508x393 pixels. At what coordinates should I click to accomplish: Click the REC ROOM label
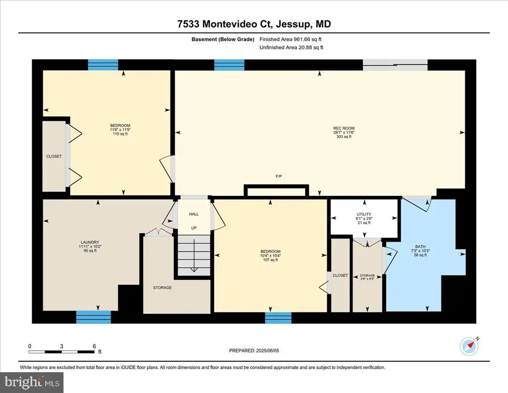click(344, 128)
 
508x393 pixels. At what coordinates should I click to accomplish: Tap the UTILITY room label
click(364, 215)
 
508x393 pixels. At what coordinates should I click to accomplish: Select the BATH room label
click(420, 246)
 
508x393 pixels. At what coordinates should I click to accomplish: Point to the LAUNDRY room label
click(90, 242)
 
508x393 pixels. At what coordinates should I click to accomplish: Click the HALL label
click(194, 214)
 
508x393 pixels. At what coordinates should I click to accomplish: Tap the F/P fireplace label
click(279, 176)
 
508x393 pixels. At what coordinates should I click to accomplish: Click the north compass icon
click(469, 346)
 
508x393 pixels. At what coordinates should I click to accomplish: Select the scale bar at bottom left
click(62, 352)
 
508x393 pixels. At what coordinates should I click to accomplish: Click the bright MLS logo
click(32, 382)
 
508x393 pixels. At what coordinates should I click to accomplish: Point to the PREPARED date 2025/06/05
click(254, 350)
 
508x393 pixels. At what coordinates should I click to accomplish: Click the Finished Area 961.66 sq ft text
click(291, 39)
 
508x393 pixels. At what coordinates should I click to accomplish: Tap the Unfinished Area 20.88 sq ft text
click(292, 47)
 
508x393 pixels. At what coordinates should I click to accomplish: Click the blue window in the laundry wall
click(93, 317)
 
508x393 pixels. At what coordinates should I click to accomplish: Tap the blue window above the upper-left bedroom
click(103, 65)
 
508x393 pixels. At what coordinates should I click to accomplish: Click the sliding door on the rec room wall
click(395, 65)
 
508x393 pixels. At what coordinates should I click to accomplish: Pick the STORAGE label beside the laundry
click(162, 288)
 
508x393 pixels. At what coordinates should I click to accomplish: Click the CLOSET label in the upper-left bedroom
click(54, 157)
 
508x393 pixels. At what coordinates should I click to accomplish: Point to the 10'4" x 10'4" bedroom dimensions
click(270, 256)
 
